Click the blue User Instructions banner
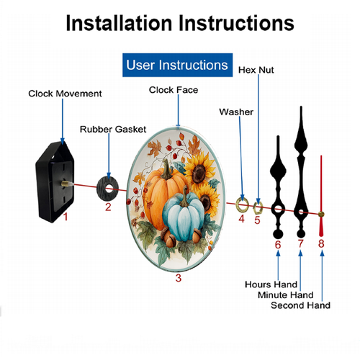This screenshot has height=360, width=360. point(178,65)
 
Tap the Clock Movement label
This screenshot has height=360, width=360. point(65,94)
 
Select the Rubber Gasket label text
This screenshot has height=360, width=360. point(113,130)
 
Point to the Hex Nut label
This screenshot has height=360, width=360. point(256,70)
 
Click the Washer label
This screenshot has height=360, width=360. point(236,112)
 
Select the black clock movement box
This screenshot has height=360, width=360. point(55,182)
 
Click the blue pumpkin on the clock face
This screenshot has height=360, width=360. point(183,215)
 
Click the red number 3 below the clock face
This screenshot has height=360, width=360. point(179,278)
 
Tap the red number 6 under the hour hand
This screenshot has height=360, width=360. point(278,245)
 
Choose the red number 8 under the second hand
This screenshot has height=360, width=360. point(321,243)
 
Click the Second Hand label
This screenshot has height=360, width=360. point(300,305)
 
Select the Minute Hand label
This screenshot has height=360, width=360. point(286,295)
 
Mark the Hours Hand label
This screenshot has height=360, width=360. point(271,284)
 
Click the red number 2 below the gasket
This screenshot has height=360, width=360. point(108,207)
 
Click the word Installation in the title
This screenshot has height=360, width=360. point(119,23)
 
